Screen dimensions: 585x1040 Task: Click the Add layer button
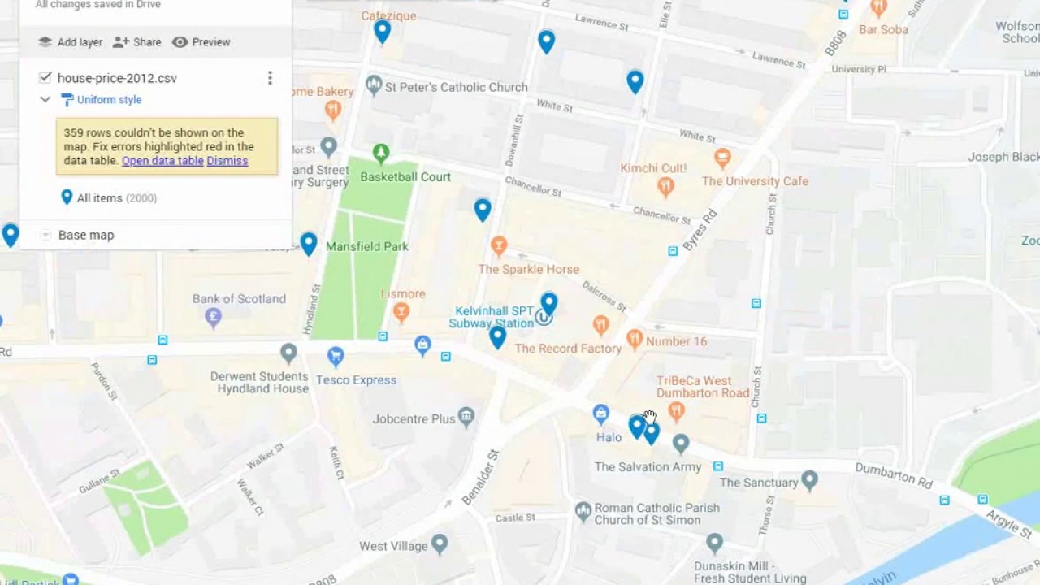click(71, 42)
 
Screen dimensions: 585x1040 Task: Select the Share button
click(137, 42)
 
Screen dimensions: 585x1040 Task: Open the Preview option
click(201, 42)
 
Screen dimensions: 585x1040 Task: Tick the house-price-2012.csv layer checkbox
click(45, 78)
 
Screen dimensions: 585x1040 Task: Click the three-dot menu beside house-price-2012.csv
click(270, 78)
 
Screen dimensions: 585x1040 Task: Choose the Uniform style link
click(109, 100)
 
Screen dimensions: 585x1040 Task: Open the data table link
click(162, 161)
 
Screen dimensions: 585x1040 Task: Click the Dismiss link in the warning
click(227, 161)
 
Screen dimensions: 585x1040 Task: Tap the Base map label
click(86, 235)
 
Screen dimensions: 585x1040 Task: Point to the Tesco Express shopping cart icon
click(336, 355)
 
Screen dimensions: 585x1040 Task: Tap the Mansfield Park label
click(366, 246)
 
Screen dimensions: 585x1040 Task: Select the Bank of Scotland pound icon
click(214, 317)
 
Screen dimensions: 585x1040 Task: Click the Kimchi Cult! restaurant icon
click(665, 186)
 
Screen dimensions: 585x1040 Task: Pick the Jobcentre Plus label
click(414, 419)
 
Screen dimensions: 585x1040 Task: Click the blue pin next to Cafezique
click(382, 31)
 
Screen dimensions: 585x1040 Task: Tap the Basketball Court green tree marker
click(380, 152)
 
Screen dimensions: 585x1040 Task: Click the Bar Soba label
click(883, 30)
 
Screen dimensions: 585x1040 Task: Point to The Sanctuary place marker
click(809, 480)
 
